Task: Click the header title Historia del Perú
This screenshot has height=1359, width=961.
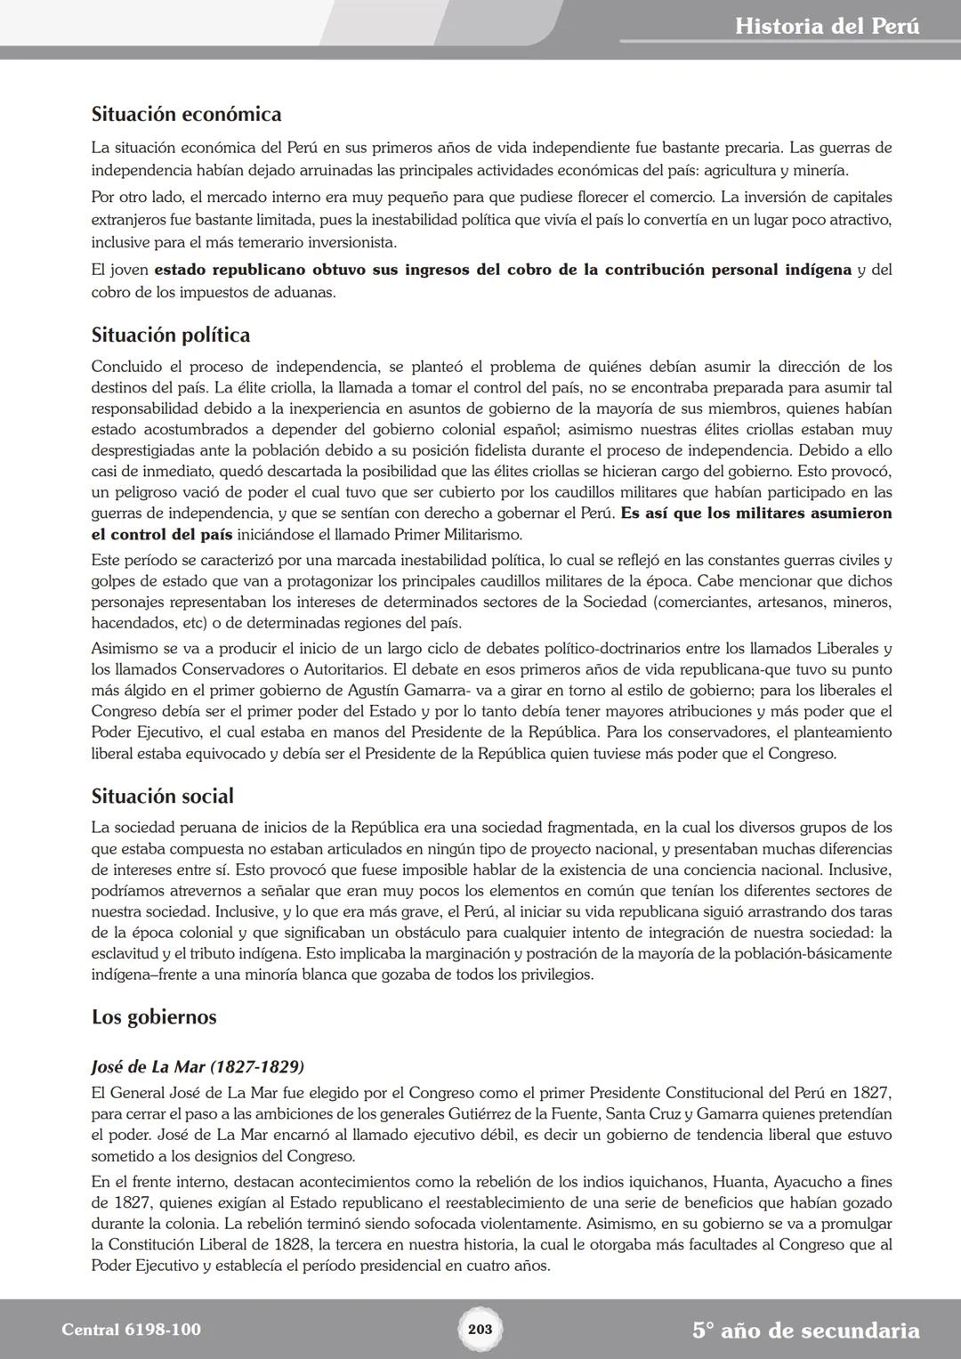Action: [827, 26]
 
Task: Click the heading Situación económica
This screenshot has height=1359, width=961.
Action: [186, 114]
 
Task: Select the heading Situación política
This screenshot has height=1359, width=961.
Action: [171, 335]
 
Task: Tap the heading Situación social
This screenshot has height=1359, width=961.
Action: [163, 796]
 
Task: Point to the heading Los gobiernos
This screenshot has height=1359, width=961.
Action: [154, 1016]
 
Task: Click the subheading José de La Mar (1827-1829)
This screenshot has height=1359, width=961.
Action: [198, 1066]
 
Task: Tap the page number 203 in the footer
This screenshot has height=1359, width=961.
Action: [480, 1329]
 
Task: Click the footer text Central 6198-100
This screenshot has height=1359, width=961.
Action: [132, 1330]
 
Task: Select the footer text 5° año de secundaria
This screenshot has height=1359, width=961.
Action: [805, 1331]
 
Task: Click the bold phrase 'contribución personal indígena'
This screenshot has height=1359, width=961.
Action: [728, 270]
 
